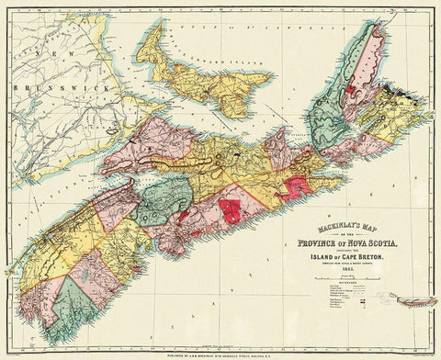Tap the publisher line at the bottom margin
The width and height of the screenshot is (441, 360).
[220, 353]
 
